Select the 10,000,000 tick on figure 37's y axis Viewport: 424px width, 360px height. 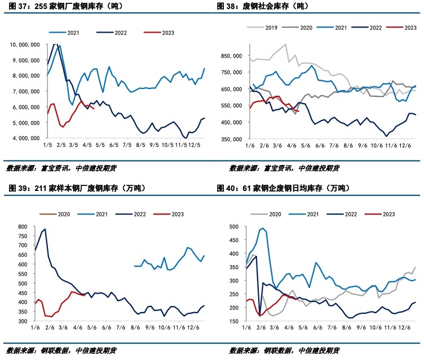[x=24, y=45]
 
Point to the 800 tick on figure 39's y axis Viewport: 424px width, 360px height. [x=23, y=226]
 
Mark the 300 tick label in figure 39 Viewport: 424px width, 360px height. [x=23, y=321]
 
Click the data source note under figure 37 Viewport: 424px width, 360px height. [x=62, y=168]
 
